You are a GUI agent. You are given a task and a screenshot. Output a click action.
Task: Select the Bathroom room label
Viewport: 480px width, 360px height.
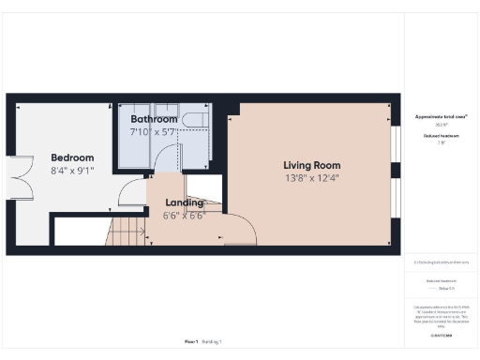pyautogui.click(x=154, y=119)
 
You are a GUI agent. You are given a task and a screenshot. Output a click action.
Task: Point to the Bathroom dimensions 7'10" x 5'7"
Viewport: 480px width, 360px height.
pyautogui.click(x=154, y=132)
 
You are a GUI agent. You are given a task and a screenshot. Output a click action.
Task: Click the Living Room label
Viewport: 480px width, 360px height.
pyautogui.click(x=309, y=166)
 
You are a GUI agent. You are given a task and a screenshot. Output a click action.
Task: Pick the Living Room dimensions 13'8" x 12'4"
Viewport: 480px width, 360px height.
pyautogui.click(x=309, y=178)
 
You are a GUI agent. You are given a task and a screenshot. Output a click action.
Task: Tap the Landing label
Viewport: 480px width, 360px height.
pyautogui.click(x=185, y=202)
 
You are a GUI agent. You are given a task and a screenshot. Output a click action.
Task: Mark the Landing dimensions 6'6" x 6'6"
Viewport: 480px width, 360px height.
pyautogui.click(x=185, y=215)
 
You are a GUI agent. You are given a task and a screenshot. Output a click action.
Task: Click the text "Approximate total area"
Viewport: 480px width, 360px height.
pyautogui.click(x=441, y=116)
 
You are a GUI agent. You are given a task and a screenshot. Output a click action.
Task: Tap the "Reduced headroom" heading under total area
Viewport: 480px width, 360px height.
pyautogui.click(x=441, y=136)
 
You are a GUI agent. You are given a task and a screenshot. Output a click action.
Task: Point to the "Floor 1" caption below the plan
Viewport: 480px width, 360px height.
pyautogui.click(x=191, y=341)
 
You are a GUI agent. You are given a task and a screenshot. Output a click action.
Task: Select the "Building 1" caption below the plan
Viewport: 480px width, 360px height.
pyautogui.click(x=214, y=341)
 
